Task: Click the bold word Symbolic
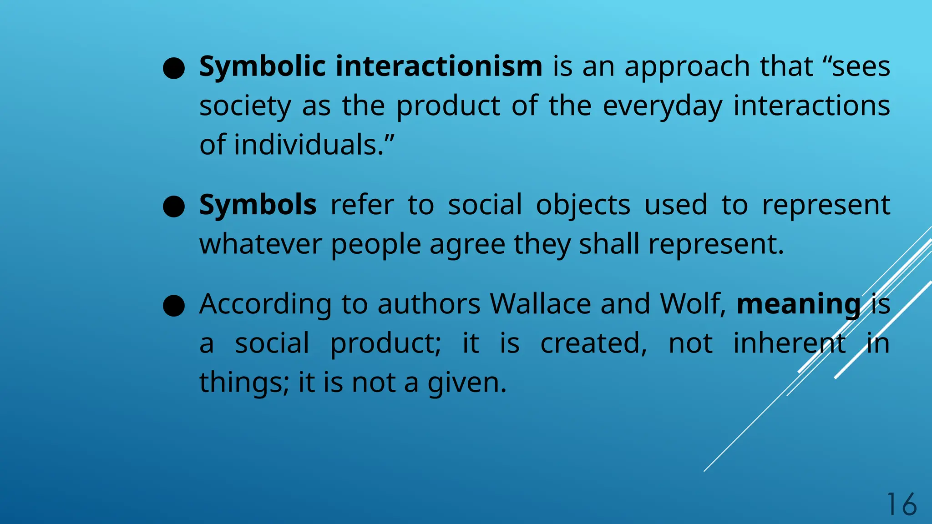[x=262, y=67]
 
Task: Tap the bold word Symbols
[x=258, y=205]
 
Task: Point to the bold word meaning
[x=799, y=304]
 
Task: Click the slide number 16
[x=901, y=504]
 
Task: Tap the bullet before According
[x=174, y=306]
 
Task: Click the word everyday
[x=662, y=106]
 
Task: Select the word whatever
[x=260, y=244]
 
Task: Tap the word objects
[x=583, y=206]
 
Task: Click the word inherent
[x=790, y=343]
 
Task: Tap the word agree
[x=467, y=245]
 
